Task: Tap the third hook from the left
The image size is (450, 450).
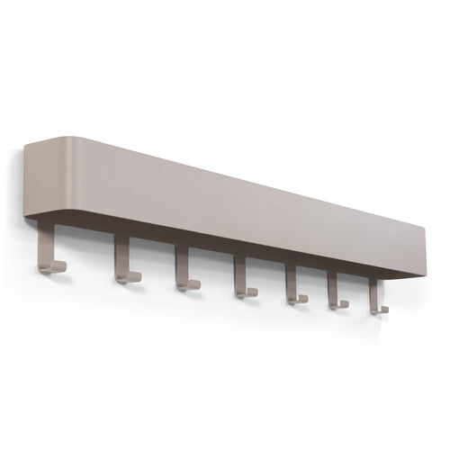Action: coord(183,271)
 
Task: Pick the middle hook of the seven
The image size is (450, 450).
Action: coord(240,280)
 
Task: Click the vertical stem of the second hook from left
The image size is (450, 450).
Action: coord(118,256)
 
